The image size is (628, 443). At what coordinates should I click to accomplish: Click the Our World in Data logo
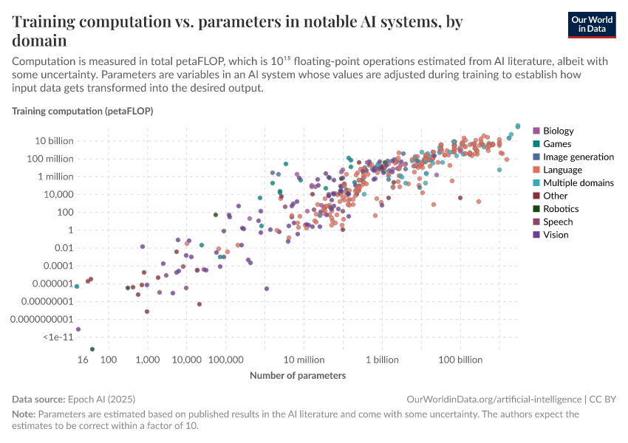point(592,24)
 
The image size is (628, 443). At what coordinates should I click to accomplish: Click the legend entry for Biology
point(558,131)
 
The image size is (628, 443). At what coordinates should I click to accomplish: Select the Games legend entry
point(556,144)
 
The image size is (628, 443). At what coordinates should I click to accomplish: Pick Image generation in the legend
point(578,157)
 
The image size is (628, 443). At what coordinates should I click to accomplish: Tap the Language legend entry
point(562,170)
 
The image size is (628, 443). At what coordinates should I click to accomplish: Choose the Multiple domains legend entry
point(578,182)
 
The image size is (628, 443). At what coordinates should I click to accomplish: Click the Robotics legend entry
point(560,209)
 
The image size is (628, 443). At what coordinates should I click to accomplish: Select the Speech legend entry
point(557,221)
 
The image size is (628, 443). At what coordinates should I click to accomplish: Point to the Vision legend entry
point(556,235)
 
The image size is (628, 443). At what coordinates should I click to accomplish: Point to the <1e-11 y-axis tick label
point(58,337)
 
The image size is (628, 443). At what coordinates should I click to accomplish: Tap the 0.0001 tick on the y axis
point(58,265)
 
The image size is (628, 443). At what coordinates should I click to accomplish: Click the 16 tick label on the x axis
point(83,360)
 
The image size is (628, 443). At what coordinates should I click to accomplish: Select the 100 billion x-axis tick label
point(461,360)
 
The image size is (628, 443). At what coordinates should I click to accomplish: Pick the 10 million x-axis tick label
point(304,360)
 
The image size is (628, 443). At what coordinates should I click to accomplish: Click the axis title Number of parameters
point(298,376)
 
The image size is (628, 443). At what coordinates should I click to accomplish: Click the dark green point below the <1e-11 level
point(92,348)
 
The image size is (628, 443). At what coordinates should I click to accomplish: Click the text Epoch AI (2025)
point(103,399)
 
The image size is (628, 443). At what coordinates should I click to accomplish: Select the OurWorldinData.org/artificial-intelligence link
point(494,399)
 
